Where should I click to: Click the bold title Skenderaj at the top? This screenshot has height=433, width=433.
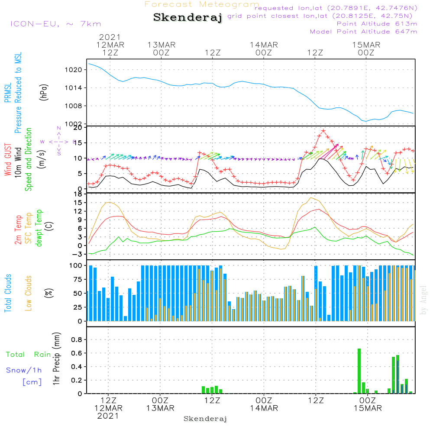tap(187, 18)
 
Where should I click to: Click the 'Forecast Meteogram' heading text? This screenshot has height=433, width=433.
tap(202, 4)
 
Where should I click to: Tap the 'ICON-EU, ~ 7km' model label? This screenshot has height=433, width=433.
tap(55, 24)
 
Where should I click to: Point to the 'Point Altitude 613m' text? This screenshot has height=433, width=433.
tap(377, 24)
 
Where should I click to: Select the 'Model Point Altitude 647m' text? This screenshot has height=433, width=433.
tap(364, 32)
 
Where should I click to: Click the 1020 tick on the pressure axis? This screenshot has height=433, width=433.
tap(76, 70)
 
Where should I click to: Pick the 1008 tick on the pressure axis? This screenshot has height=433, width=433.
tap(76, 106)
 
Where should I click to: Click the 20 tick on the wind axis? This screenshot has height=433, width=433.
tap(78, 127)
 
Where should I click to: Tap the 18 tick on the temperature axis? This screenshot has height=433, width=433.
tap(78, 194)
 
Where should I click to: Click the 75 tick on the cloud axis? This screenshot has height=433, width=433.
tap(78, 279)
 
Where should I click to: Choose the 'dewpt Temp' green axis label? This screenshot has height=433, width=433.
tap(39, 228)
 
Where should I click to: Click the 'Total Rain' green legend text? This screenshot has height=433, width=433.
tap(29, 355)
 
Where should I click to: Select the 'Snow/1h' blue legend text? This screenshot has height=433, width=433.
tap(23, 370)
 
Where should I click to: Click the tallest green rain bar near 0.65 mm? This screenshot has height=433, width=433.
tap(359, 371)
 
